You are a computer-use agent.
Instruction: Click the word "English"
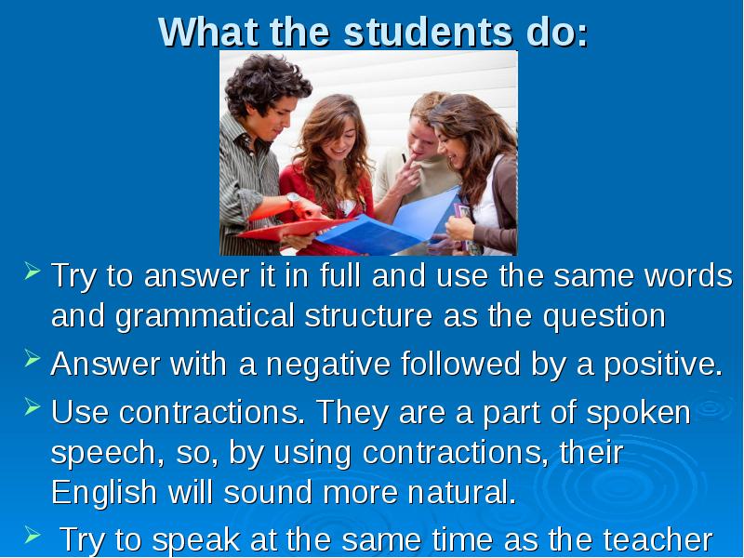point(104,492)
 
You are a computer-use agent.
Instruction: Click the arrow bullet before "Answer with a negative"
point(32,361)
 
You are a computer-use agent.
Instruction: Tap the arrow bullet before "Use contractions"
point(32,408)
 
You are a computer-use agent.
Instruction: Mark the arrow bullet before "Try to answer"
point(32,272)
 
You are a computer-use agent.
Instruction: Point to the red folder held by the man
point(279,226)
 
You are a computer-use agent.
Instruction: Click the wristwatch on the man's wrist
point(294,199)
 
